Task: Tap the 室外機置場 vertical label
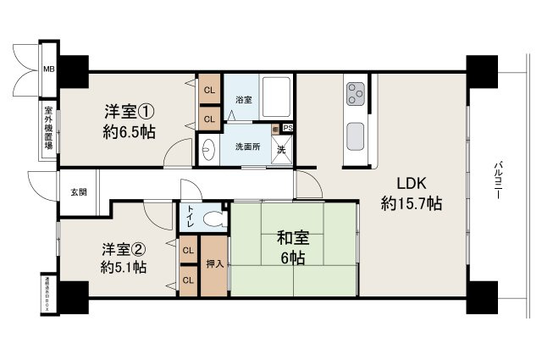[49, 132]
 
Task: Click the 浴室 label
[243, 100]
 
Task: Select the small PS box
[288, 129]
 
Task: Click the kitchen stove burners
[354, 89]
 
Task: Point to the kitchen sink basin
[354, 133]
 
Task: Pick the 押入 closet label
[215, 264]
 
